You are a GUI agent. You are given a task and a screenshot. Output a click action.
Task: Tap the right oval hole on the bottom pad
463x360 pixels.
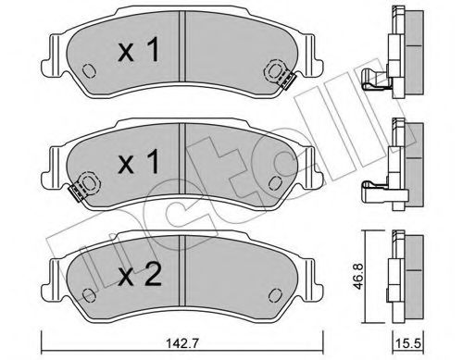click(x=277, y=294)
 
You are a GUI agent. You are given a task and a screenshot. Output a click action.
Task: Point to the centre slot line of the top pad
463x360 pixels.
click(x=182, y=51)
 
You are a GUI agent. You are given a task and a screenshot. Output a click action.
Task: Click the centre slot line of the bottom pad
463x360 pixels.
click(x=182, y=274)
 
